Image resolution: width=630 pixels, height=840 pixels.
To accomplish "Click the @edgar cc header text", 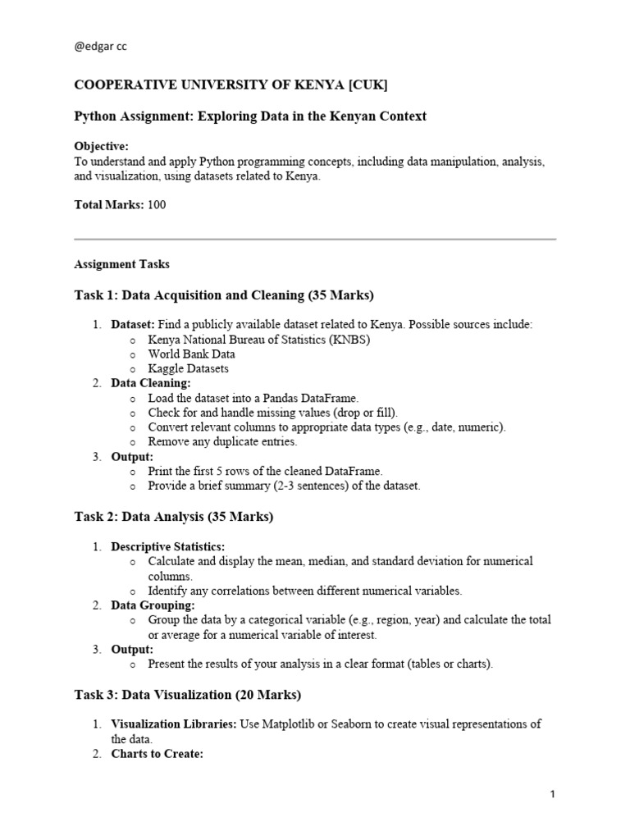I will coord(101,47).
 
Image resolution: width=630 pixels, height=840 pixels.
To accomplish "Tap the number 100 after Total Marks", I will coord(156,205).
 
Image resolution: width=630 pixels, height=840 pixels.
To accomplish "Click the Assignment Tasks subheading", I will coord(122,264).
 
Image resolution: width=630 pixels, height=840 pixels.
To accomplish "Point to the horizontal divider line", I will coord(315,240).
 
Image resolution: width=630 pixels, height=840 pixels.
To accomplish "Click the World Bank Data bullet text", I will coord(191,354).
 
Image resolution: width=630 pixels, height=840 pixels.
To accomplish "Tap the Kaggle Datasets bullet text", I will coord(188,369).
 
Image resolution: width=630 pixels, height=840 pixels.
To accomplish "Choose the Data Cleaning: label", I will coord(151,383).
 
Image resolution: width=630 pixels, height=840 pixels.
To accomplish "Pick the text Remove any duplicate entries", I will coord(222,442).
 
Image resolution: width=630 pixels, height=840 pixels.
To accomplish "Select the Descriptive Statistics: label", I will coord(168,546).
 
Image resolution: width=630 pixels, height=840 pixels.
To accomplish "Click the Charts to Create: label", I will coord(157,754).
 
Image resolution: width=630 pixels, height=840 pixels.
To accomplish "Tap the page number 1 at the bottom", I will coord(553,794).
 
